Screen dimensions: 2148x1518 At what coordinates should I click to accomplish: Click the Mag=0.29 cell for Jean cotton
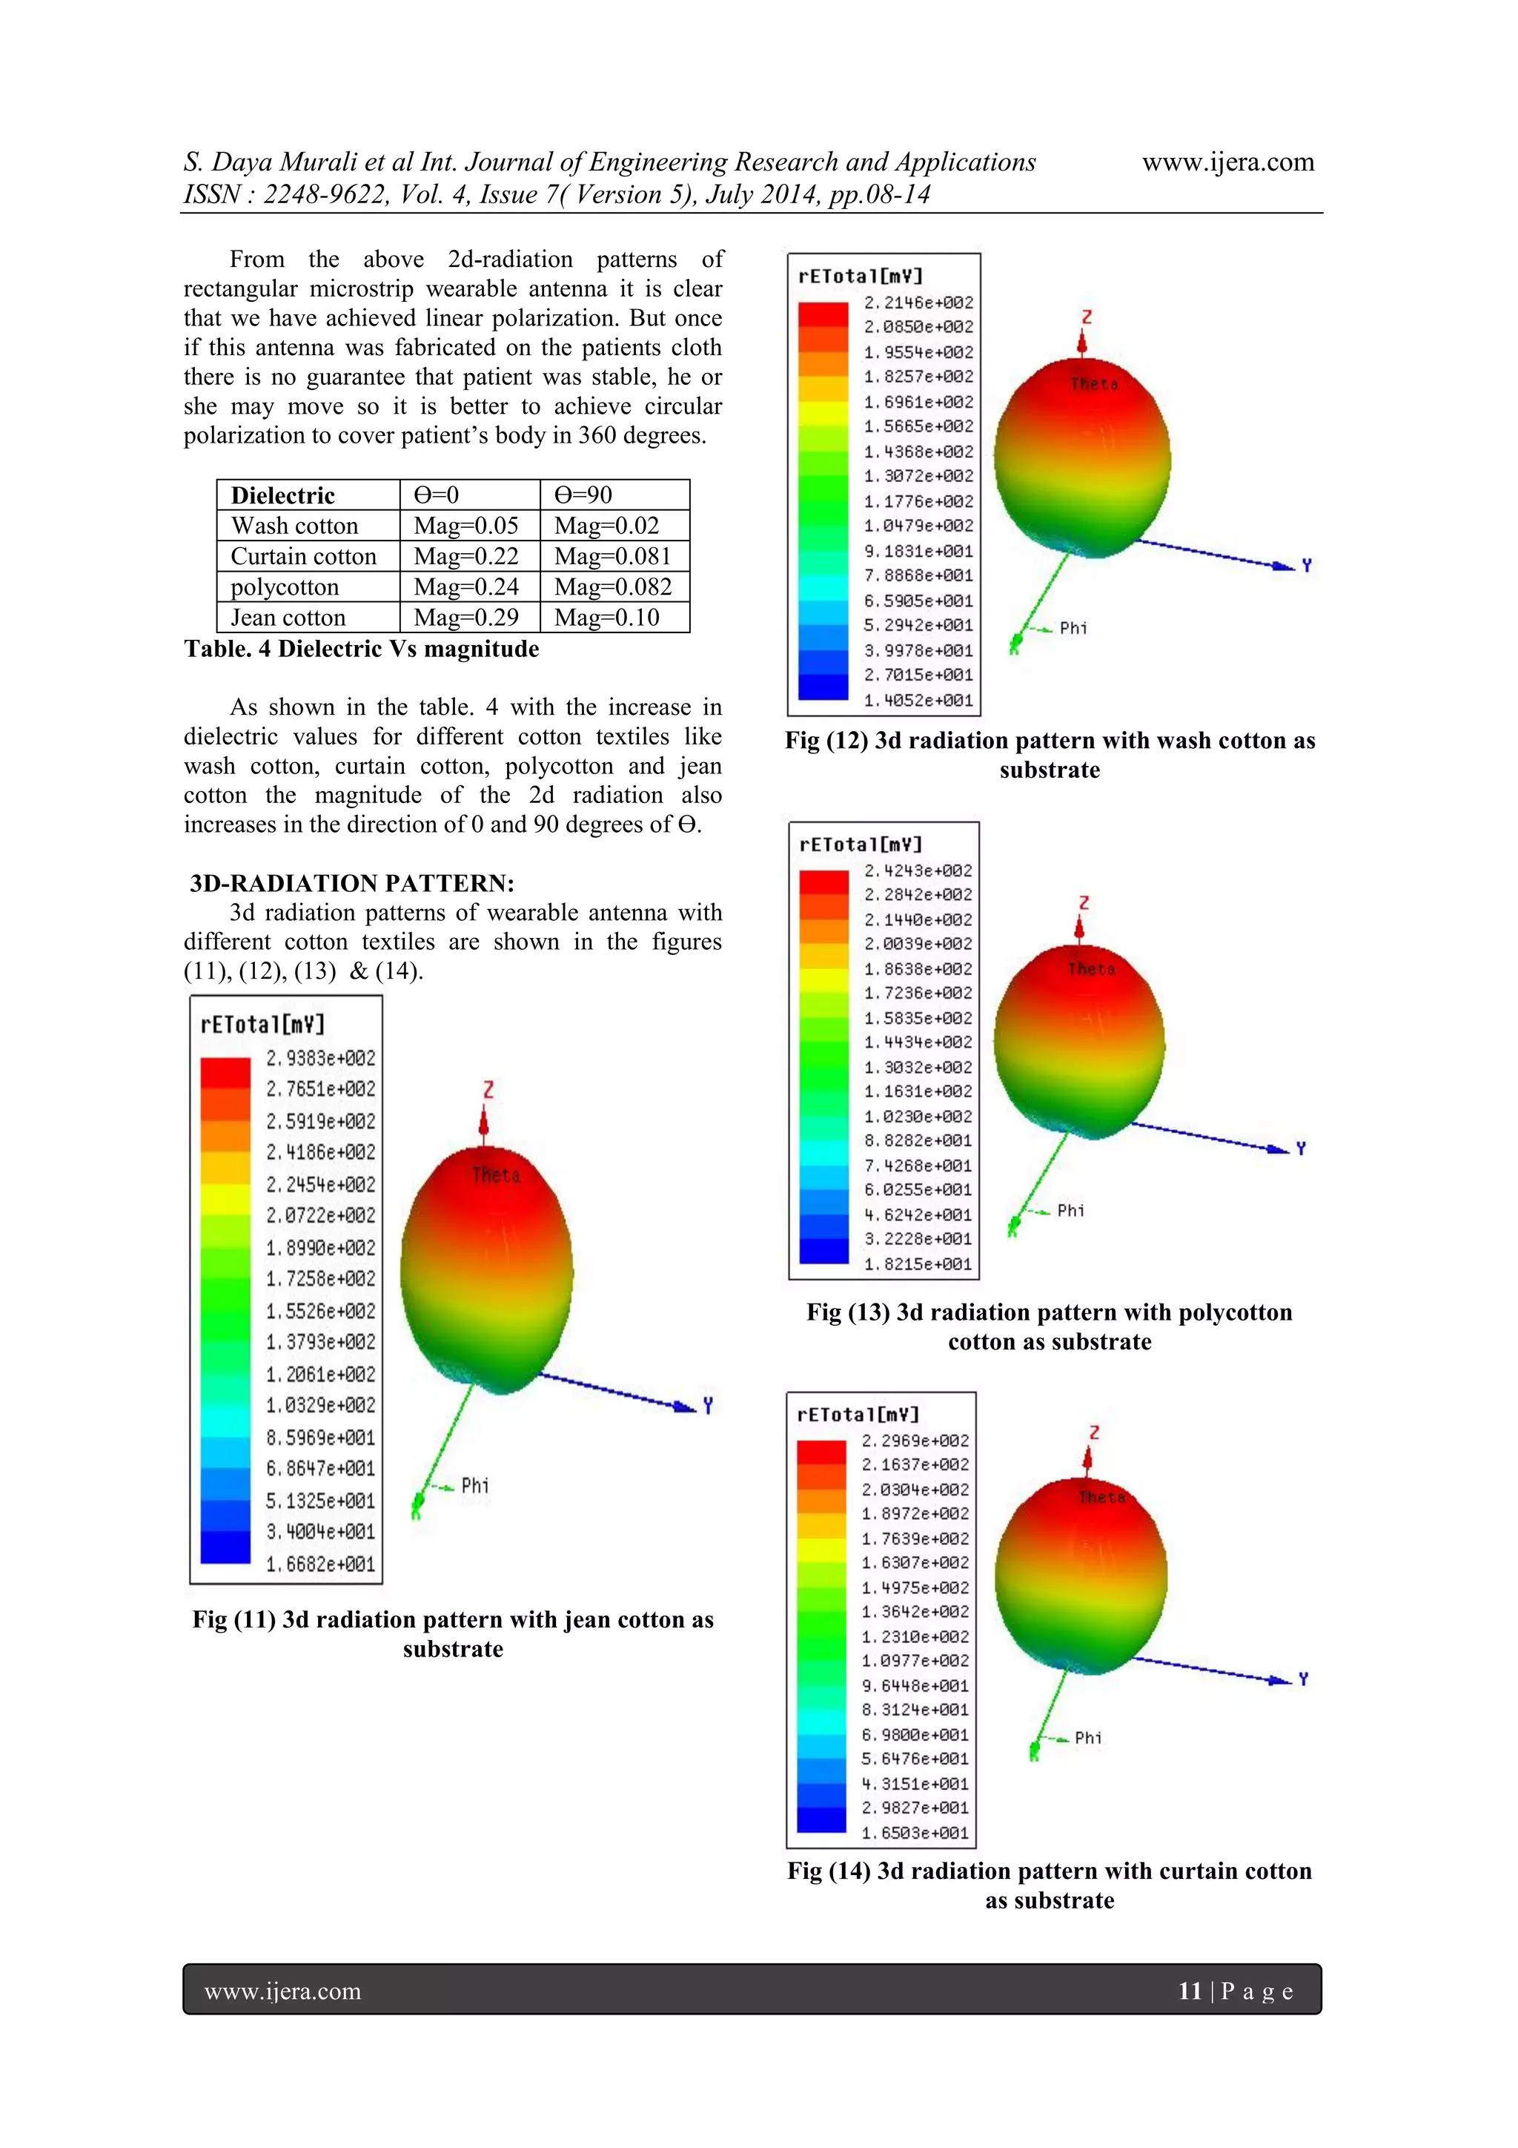(x=465, y=618)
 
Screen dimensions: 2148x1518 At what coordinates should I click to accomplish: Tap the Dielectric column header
(x=282, y=495)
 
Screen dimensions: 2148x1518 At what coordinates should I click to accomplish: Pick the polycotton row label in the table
(x=285, y=586)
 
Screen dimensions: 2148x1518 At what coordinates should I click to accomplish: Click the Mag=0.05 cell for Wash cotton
(x=465, y=526)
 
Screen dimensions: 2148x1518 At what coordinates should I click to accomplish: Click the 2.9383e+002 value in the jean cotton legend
(x=320, y=1058)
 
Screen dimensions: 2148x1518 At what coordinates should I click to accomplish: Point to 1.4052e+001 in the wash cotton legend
(x=918, y=700)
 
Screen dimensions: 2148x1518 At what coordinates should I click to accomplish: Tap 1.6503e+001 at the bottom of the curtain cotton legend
(x=915, y=1833)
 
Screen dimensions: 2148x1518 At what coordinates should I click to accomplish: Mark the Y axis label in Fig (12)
(x=1307, y=565)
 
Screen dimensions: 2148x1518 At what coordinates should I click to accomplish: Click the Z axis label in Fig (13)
(x=1083, y=903)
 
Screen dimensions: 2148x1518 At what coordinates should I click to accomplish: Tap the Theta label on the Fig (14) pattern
(x=1101, y=1497)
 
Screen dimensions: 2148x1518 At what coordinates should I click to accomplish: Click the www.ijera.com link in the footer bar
(x=282, y=1991)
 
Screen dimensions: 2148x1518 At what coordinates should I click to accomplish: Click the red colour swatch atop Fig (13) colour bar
(x=823, y=882)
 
